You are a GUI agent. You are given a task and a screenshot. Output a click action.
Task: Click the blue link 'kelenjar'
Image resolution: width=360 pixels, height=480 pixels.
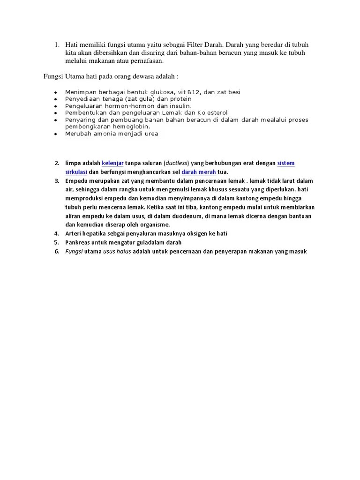click(x=112, y=163)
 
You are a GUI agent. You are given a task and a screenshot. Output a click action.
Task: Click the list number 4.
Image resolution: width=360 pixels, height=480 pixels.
click(x=56, y=233)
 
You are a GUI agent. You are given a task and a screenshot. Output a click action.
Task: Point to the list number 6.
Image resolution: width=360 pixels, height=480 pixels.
click(x=56, y=251)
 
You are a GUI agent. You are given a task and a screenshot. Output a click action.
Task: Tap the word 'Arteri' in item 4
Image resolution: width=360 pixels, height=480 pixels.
click(x=74, y=233)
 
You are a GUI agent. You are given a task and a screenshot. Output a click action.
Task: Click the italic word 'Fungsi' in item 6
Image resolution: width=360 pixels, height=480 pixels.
click(x=74, y=251)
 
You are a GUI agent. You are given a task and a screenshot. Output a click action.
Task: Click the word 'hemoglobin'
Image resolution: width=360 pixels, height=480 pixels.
click(x=133, y=127)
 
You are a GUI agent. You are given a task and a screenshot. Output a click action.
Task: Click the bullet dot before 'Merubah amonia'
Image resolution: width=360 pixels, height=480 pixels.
click(x=55, y=134)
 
